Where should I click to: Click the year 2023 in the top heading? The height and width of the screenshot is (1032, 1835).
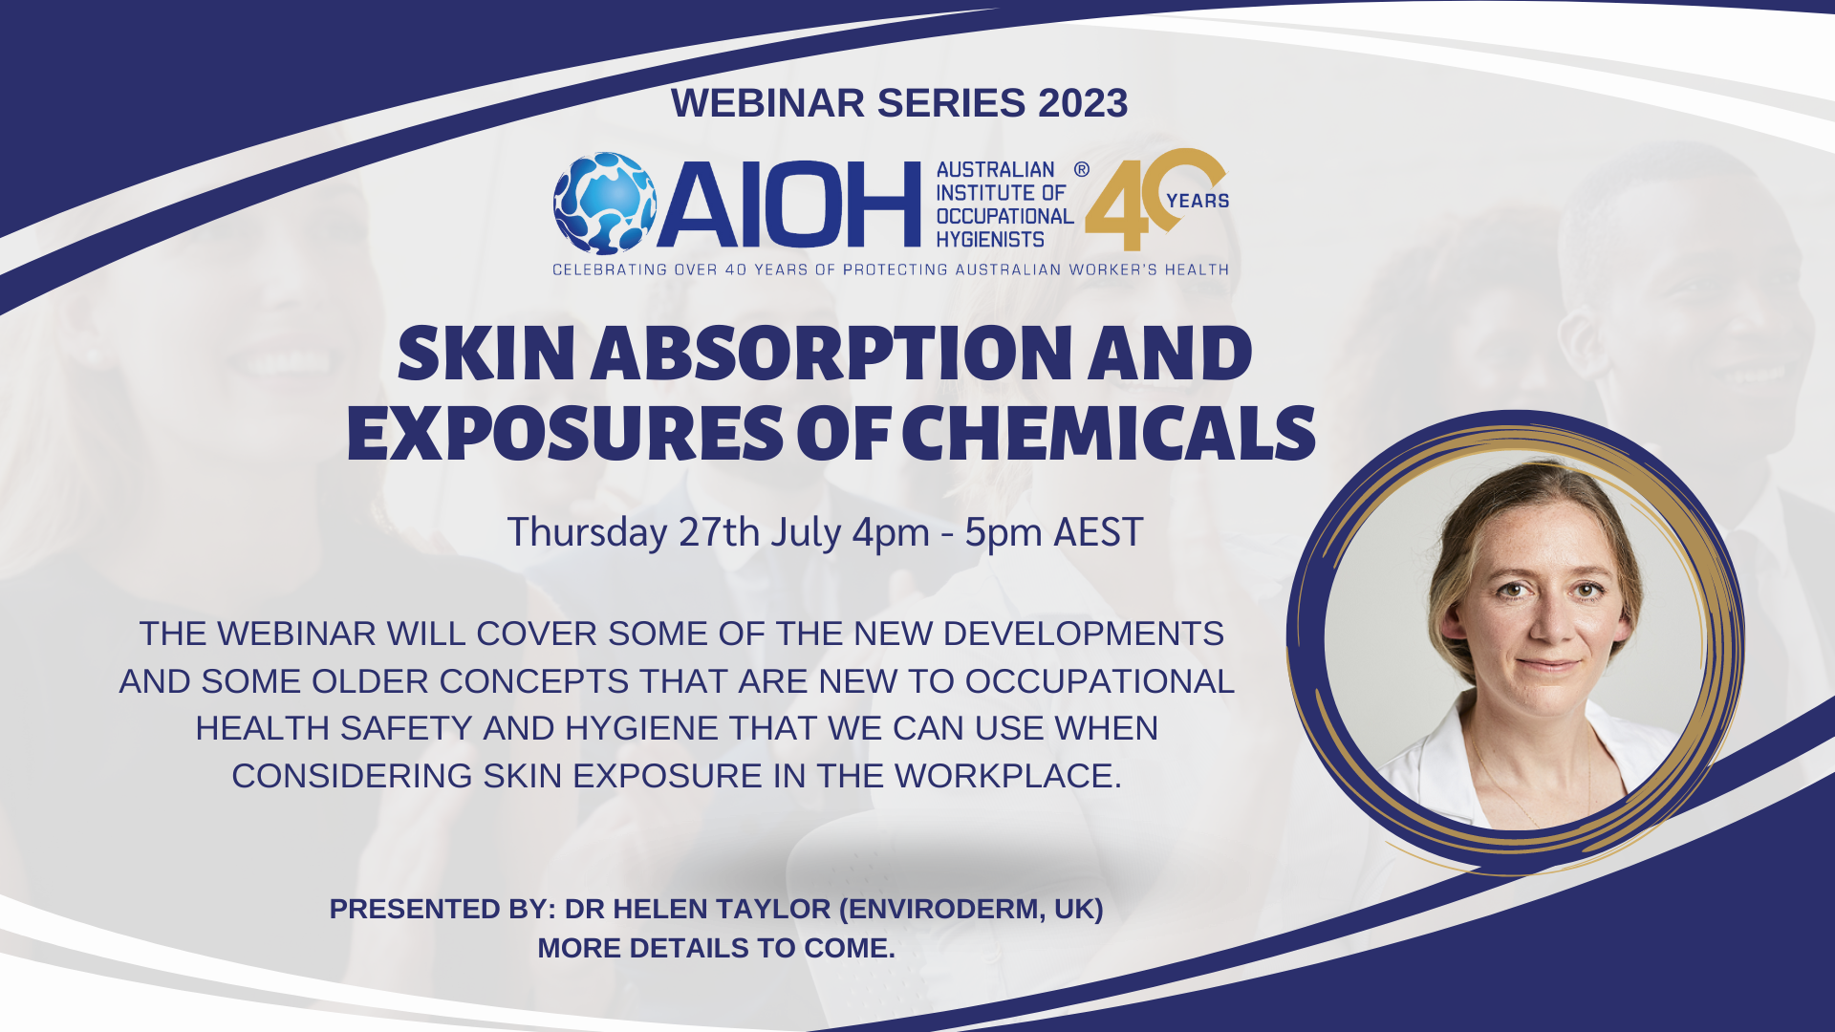coord(1083,103)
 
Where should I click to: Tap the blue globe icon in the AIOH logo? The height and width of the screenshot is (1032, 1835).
coord(605,204)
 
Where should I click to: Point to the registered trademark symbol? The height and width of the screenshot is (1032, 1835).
coord(1081,169)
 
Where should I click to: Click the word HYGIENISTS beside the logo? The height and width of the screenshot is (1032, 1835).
coord(990,240)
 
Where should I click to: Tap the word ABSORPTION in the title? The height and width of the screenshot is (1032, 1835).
coord(828,354)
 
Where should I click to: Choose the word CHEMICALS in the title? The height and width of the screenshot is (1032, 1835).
coord(1109,433)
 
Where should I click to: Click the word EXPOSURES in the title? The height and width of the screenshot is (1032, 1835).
coord(566,433)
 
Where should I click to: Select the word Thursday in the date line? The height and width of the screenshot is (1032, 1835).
coord(587,533)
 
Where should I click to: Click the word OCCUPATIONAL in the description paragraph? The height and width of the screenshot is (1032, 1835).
coord(1099,681)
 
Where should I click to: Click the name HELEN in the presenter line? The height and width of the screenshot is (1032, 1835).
coord(660,909)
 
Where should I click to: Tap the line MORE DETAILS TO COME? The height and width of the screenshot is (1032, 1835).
coord(717,948)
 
